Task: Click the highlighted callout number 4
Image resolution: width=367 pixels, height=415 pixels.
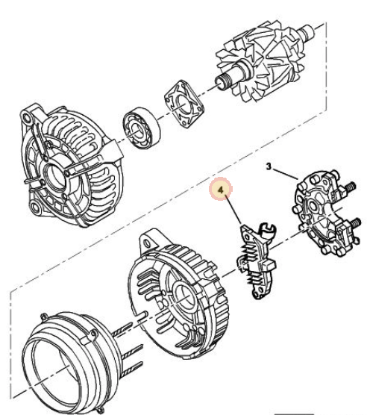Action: click(x=221, y=190)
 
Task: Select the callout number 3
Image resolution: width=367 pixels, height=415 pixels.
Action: click(x=269, y=166)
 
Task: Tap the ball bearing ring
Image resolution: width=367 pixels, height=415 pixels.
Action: click(x=142, y=128)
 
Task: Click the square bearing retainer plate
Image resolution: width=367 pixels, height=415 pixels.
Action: click(x=184, y=104)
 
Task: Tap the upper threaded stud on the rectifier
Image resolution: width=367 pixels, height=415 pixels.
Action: click(x=350, y=187)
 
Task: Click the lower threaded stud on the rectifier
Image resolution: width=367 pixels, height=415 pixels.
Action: click(x=356, y=222)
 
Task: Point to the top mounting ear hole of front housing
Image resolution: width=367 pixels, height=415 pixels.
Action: click(x=26, y=117)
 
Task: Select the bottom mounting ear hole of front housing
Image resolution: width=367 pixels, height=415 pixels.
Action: click(x=35, y=206)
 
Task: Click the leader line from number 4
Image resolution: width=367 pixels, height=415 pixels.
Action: click(x=233, y=209)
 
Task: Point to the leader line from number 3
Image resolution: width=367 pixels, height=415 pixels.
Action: click(x=285, y=174)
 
